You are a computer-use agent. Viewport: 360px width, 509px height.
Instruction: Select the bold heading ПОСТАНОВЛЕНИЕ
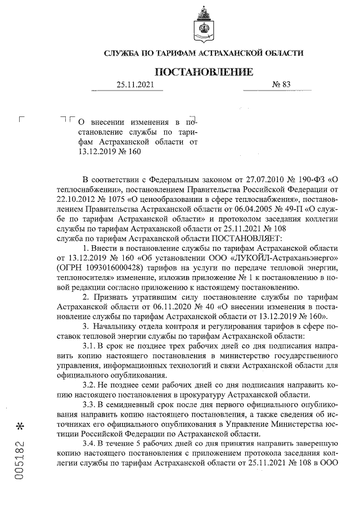(x=204, y=71)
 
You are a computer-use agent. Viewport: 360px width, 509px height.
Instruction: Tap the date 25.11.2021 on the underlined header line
(x=134, y=85)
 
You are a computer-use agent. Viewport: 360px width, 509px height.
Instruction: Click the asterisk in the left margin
(x=19, y=426)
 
